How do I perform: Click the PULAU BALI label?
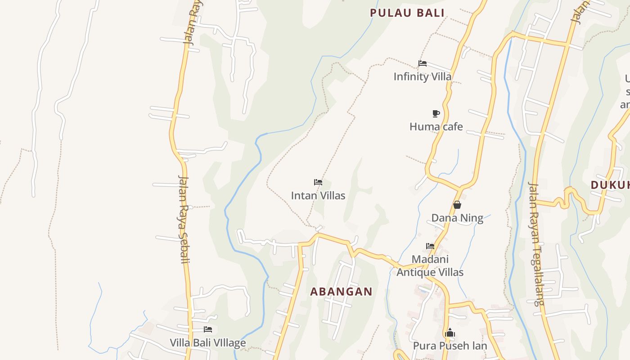coord(407,13)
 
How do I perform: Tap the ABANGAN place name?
coord(341,292)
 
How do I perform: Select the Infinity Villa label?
coord(422,76)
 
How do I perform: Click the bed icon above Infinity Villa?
coord(422,63)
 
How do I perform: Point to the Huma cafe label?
coord(436,126)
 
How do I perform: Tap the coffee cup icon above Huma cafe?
coord(436,113)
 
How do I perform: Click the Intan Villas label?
coord(318,195)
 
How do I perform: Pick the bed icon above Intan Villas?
coord(318,182)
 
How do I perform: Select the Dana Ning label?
coord(457,218)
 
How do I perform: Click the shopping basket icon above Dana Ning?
coord(457,205)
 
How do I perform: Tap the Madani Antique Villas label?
coord(430,265)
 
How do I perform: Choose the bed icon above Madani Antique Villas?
coord(430,246)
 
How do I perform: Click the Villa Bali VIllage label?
coord(208,342)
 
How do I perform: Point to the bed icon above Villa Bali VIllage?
coord(208,329)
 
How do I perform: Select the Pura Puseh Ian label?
coord(450,346)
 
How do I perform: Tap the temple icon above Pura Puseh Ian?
coord(450,333)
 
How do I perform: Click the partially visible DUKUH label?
coord(610,185)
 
